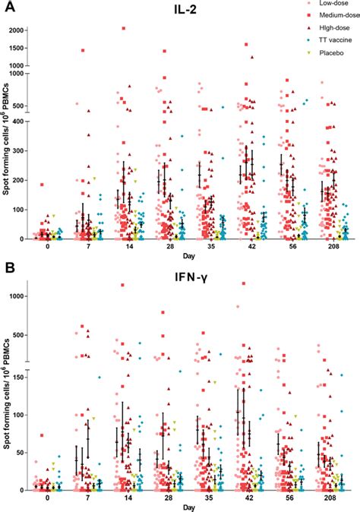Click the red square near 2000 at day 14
[x=124, y=29]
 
